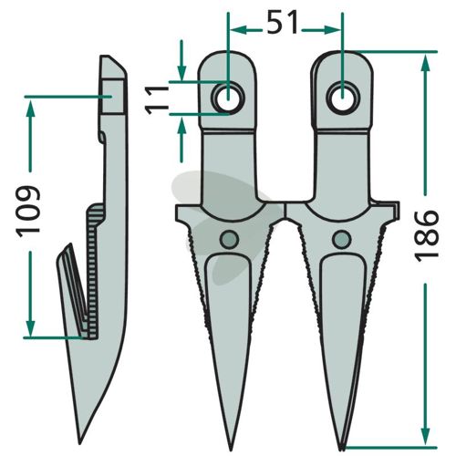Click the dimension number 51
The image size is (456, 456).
[282, 24]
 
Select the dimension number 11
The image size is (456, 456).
[157, 100]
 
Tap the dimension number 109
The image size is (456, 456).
[28, 210]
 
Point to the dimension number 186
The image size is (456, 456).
[427, 235]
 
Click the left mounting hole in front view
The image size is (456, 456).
[229, 98]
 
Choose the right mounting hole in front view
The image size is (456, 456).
[343, 98]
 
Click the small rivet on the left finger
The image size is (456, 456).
[229, 239]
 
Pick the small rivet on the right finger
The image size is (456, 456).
[342, 239]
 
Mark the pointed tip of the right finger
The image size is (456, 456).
[343, 449]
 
